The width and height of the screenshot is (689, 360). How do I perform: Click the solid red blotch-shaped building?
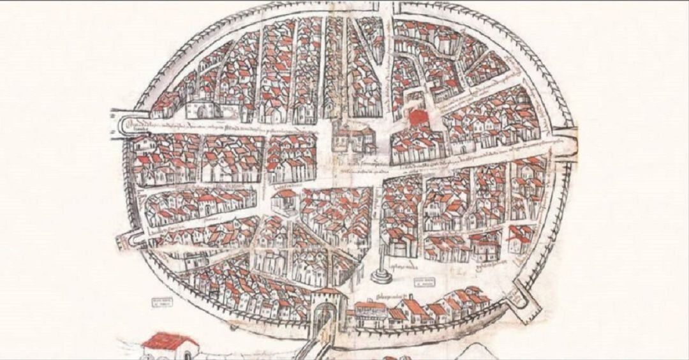coord(419,117)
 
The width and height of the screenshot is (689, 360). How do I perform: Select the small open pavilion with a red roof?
coord(285,201)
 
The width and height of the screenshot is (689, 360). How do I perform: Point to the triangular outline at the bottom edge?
coord(475,352)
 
